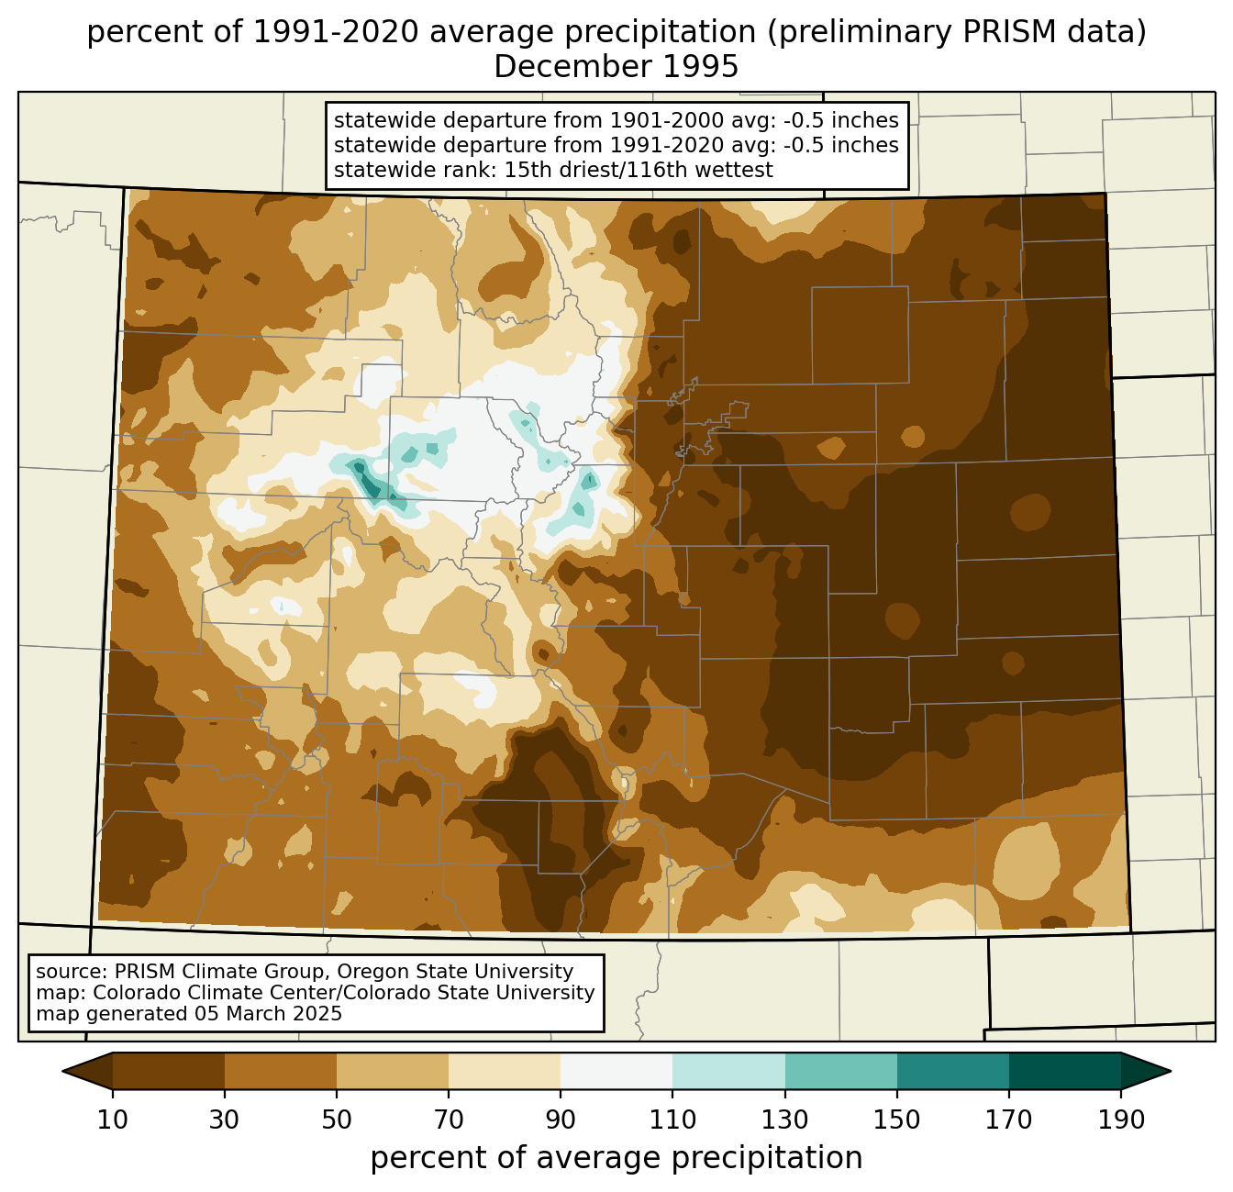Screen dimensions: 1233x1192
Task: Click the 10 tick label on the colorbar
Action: [x=112, y=1120]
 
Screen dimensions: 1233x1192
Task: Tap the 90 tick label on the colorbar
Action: [x=561, y=1120]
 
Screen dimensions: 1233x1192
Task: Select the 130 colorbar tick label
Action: [x=784, y=1120]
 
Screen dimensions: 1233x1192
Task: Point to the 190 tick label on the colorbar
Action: [x=1121, y=1120]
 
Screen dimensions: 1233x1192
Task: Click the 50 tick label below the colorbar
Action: [x=337, y=1120]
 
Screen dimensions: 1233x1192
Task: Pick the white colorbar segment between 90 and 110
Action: [x=616, y=1071]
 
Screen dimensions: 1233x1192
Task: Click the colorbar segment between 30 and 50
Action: [x=280, y=1071]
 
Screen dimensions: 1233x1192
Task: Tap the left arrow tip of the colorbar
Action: [x=62, y=1071]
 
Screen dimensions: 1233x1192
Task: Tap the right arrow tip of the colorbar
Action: [x=1171, y=1071]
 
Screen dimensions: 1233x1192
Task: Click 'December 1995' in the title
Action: [x=616, y=67]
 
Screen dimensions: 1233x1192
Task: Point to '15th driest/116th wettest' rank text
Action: [x=639, y=170]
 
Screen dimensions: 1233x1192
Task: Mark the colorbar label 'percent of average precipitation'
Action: [x=616, y=1158]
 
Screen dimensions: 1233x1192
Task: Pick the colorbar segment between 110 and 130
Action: [x=728, y=1071]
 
